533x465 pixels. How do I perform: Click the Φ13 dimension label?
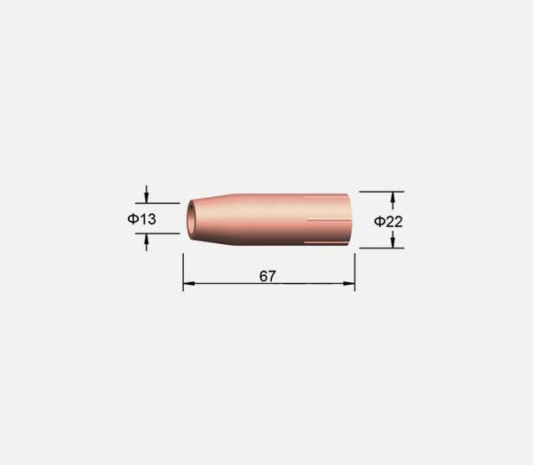coord(142,219)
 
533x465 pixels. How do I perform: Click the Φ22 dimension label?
coord(388,222)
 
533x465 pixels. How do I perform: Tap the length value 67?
coord(267,276)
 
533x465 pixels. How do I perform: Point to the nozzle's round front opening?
coord(191,218)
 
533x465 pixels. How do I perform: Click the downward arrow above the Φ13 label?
coord(147,194)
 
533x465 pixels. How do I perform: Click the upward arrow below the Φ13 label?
coord(147,242)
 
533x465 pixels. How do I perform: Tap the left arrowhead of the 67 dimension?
coord(189,283)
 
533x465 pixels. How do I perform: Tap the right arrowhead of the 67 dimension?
coord(349,283)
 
